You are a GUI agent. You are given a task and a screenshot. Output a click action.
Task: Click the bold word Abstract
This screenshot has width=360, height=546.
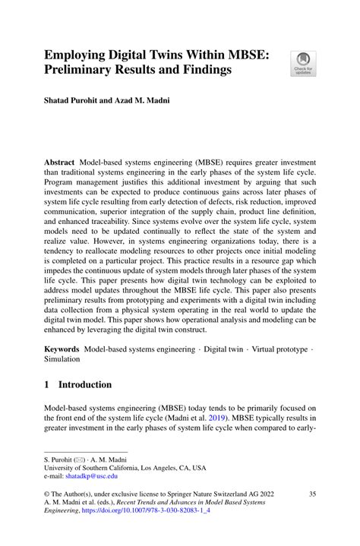59,163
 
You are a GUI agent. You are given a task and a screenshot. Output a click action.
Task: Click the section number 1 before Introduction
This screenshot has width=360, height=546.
47,385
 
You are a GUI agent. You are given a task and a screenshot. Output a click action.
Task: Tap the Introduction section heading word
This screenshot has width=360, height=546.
85,385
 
